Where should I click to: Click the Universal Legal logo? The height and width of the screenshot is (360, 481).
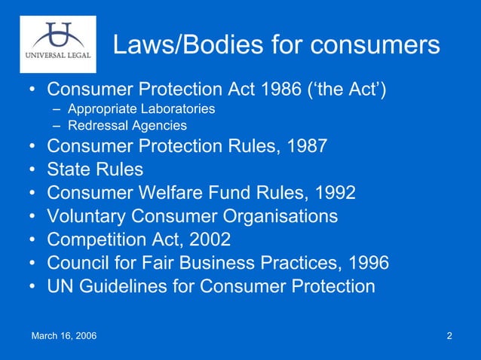[x=58, y=44]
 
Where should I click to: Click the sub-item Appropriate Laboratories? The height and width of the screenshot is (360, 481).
[x=141, y=109]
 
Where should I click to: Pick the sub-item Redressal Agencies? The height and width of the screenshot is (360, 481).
[x=127, y=126]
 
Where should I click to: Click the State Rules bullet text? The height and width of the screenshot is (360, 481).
[x=94, y=169]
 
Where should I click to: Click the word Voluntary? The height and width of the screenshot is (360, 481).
[x=86, y=216]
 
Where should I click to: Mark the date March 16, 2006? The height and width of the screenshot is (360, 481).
[x=63, y=335]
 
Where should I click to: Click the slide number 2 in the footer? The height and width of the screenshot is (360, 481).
[x=449, y=335]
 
